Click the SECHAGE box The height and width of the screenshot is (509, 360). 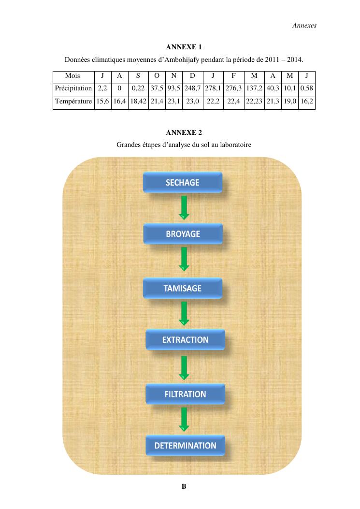coord(183,182)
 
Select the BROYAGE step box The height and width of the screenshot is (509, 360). coord(183,234)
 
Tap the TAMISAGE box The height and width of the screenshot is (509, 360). coord(183,288)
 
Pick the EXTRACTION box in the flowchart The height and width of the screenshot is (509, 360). coord(186,339)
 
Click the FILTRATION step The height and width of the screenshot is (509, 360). coord(186,394)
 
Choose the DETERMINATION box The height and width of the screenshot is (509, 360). coord(186,445)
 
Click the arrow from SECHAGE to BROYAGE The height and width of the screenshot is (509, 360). coord(184,208)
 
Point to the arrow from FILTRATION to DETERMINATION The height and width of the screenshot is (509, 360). coord(184,420)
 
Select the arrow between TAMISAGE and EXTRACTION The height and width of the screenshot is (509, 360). coord(184,314)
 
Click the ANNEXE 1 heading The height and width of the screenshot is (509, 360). coord(184,47)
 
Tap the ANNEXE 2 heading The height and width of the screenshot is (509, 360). coord(184,132)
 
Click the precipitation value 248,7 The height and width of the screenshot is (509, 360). coord(192,88)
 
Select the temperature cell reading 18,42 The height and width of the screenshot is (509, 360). coord(138,102)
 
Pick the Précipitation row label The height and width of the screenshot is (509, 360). coord(73,88)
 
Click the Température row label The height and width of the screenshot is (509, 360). coord(73,102)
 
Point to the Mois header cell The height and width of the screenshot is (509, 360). coord(72,75)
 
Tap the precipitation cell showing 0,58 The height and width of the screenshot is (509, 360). coord(307,88)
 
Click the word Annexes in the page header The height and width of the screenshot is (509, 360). coord(304,25)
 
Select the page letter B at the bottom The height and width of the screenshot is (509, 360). coord(184,486)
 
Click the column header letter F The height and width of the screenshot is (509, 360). coord(233,75)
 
